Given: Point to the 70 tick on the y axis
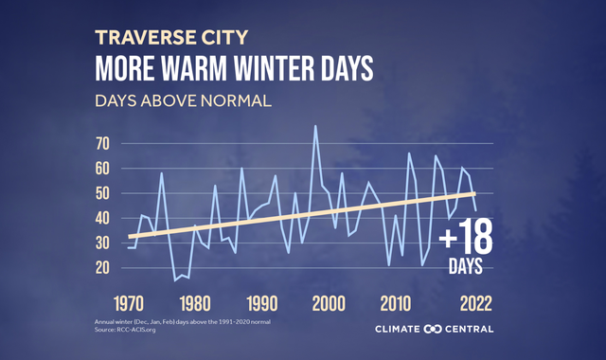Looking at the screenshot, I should pyautogui.click(x=103, y=144).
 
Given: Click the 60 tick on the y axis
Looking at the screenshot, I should pyautogui.click(x=103, y=169).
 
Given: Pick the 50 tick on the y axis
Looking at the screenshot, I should pyautogui.click(x=103, y=193).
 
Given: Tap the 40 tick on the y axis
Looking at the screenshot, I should pyautogui.click(x=103, y=218).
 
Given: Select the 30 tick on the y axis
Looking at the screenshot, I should pyautogui.click(x=103, y=243).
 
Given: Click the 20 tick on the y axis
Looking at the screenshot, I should pyautogui.click(x=103, y=267).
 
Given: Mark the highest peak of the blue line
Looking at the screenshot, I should pyautogui.click(x=315, y=126).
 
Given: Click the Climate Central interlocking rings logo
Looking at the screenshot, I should pyautogui.click(x=434, y=330).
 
